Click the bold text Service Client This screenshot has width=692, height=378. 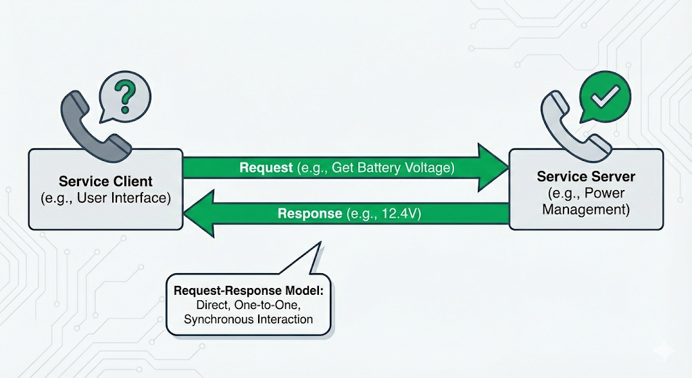[105, 181]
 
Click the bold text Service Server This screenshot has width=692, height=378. [585, 176]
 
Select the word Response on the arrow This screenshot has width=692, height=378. [310, 214]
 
